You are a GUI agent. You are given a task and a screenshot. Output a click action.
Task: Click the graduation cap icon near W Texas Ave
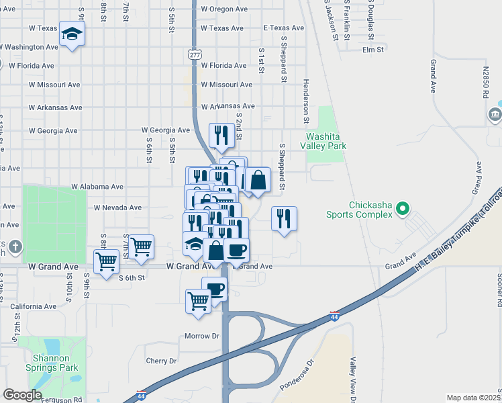tap(72, 33)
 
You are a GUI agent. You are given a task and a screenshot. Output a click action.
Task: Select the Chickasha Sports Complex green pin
tap(402, 210)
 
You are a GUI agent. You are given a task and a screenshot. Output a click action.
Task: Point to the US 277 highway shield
tap(195, 54)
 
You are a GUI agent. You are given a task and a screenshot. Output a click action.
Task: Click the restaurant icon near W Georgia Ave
tap(221, 135)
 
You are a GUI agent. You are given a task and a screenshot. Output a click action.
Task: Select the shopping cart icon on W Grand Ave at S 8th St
tap(106, 262)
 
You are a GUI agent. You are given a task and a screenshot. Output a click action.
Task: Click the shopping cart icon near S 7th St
tap(141, 247)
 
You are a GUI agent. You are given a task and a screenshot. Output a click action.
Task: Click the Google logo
tap(22, 395)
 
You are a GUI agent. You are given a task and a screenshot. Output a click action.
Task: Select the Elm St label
tap(372, 50)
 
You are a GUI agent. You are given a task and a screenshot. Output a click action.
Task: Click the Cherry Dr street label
tap(161, 361)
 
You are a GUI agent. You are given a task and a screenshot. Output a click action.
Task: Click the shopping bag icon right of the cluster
tap(258, 179)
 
